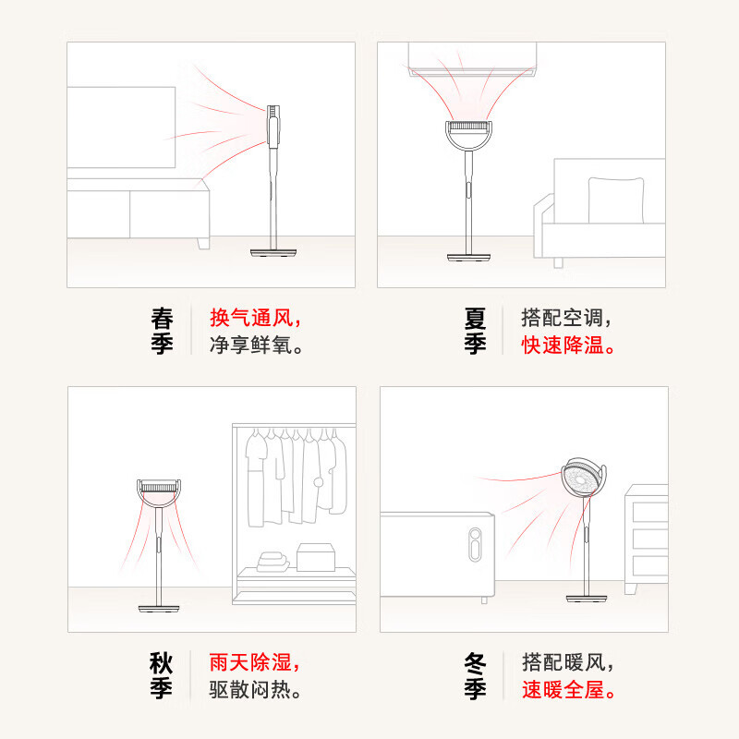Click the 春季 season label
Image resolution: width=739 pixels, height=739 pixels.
pyautogui.click(x=163, y=331)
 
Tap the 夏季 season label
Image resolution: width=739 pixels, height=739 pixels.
pyautogui.click(x=475, y=331)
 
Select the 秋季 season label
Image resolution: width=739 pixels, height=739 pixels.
pyautogui.click(x=161, y=675)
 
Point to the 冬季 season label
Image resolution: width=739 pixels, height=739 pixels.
pyautogui.click(x=475, y=675)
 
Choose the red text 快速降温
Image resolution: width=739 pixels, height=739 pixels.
pyautogui.click(x=563, y=345)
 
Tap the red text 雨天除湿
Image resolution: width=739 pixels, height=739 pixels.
pyautogui.click(x=250, y=662)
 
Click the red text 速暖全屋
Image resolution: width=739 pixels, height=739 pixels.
pyautogui.click(x=563, y=689)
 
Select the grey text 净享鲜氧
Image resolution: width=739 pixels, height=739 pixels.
pyautogui.click(x=250, y=345)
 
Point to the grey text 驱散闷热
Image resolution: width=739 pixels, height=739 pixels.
pyautogui.click(x=250, y=689)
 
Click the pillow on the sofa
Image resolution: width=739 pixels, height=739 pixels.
pyautogui.click(x=616, y=200)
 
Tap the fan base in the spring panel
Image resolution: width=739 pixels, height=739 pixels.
pyautogui.click(x=273, y=252)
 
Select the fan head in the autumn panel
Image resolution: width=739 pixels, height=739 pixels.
pyautogui.click(x=159, y=492)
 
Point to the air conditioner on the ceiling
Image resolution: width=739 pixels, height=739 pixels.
pyautogui.click(x=472, y=59)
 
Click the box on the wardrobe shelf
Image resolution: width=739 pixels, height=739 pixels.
pyautogui.click(x=316, y=557)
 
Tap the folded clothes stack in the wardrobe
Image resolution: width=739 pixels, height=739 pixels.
pyautogui.click(x=273, y=562)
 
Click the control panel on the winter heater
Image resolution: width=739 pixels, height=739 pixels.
pyautogui.click(x=475, y=544)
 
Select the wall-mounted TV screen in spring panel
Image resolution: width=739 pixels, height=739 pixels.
pyautogui.click(x=121, y=127)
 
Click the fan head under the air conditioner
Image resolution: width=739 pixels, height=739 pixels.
pyautogui.click(x=468, y=135)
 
